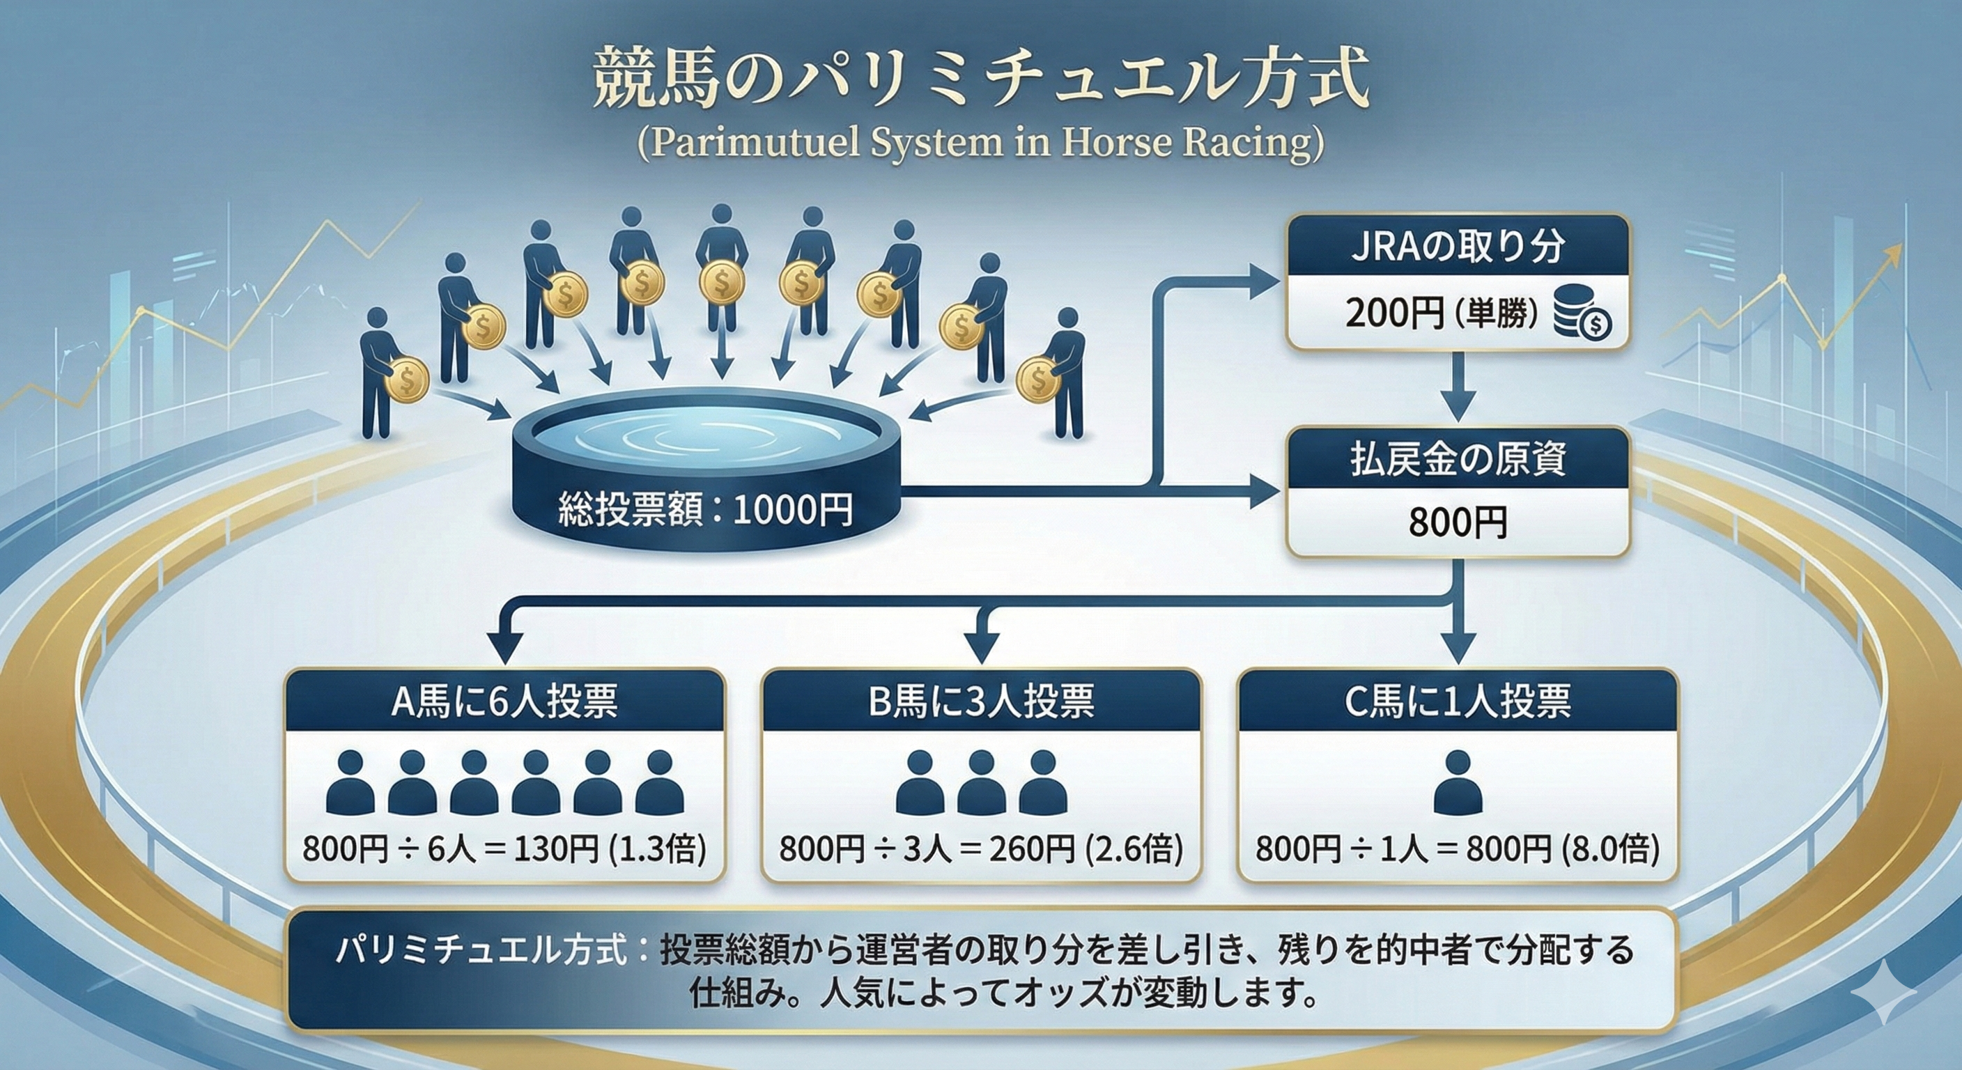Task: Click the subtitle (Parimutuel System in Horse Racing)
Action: pos(980,144)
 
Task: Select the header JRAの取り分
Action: pos(1457,246)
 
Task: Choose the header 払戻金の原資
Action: pos(1457,458)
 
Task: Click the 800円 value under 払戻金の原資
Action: pos(1457,522)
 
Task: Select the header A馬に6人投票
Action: pos(504,701)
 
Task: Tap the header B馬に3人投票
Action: pos(981,701)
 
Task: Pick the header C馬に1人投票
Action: pos(1457,701)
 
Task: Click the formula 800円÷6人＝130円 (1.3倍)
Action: pos(504,848)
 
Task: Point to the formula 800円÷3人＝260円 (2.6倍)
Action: pos(981,848)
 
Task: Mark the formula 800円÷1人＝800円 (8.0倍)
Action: pos(1457,848)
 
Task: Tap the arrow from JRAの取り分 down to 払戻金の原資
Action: pos(1457,389)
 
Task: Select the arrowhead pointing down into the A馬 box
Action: pos(504,647)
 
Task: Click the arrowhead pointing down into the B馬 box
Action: pos(981,647)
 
